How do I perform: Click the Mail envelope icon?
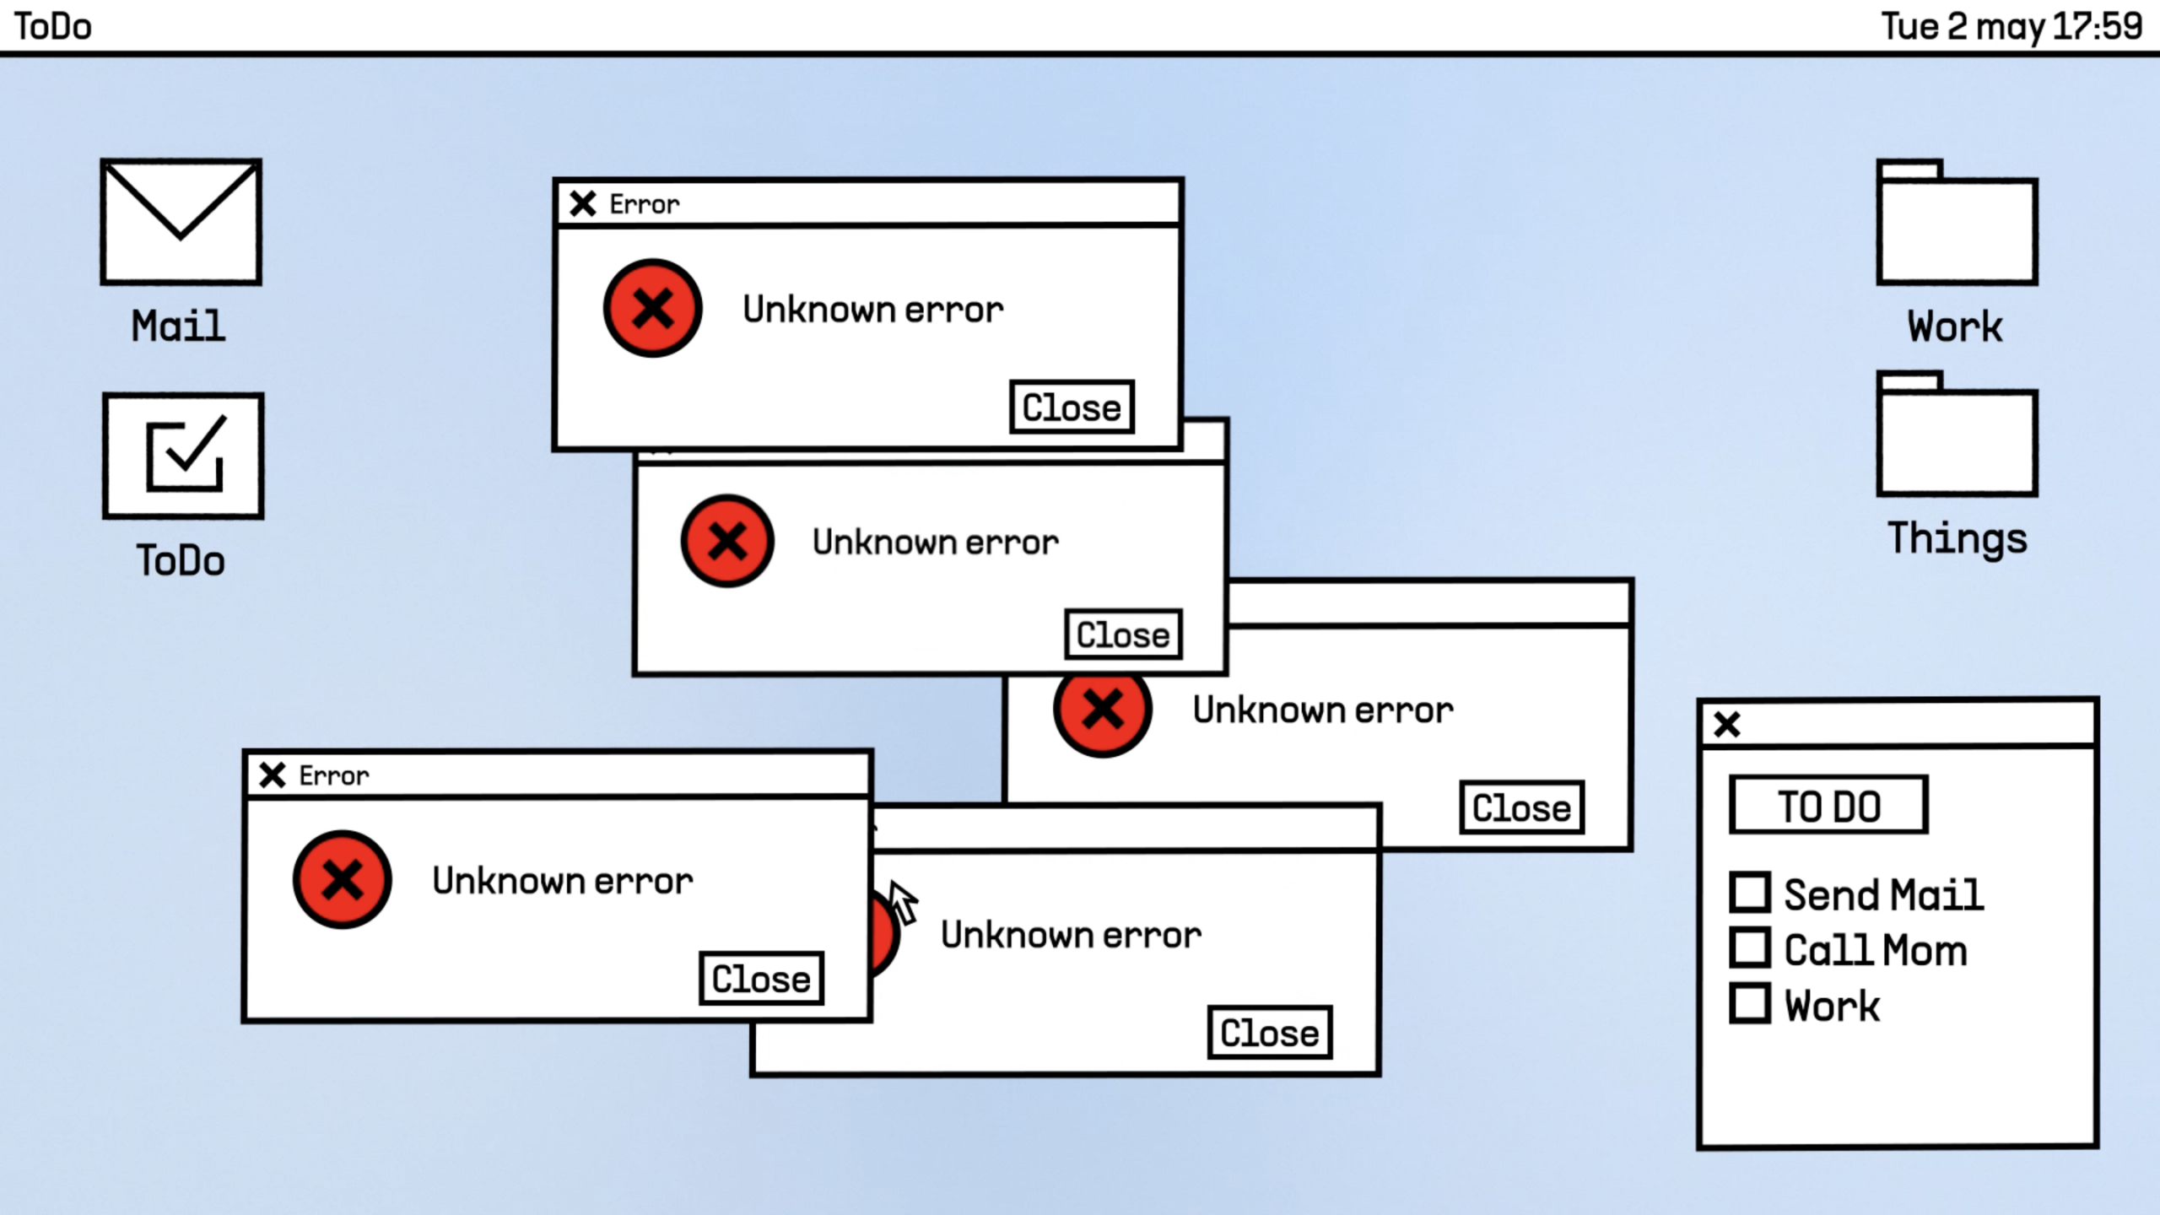pos(181,221)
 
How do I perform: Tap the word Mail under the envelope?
pos(178,327)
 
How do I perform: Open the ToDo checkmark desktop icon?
pos(183,456)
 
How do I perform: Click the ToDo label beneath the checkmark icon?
pos(181,561)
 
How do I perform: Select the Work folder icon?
pos(1957,224)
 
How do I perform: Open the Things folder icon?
pos(1957,435)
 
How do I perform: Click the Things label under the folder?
pos(1957,538)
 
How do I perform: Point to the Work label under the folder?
pos(1954,327)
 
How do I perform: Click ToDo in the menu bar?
pos(53,27)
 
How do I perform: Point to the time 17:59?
pos(2097,26)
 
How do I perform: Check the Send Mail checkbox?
pos(1750,893)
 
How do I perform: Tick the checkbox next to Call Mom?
pos(1750,948)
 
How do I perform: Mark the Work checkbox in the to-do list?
pos(1750,1003)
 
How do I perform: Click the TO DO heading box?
pos(1828,806)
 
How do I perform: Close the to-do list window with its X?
pos(1726,724)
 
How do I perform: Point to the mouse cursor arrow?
pos(901,900)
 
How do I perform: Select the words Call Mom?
pos(1875,950)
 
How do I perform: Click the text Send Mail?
pos(1883,894)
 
